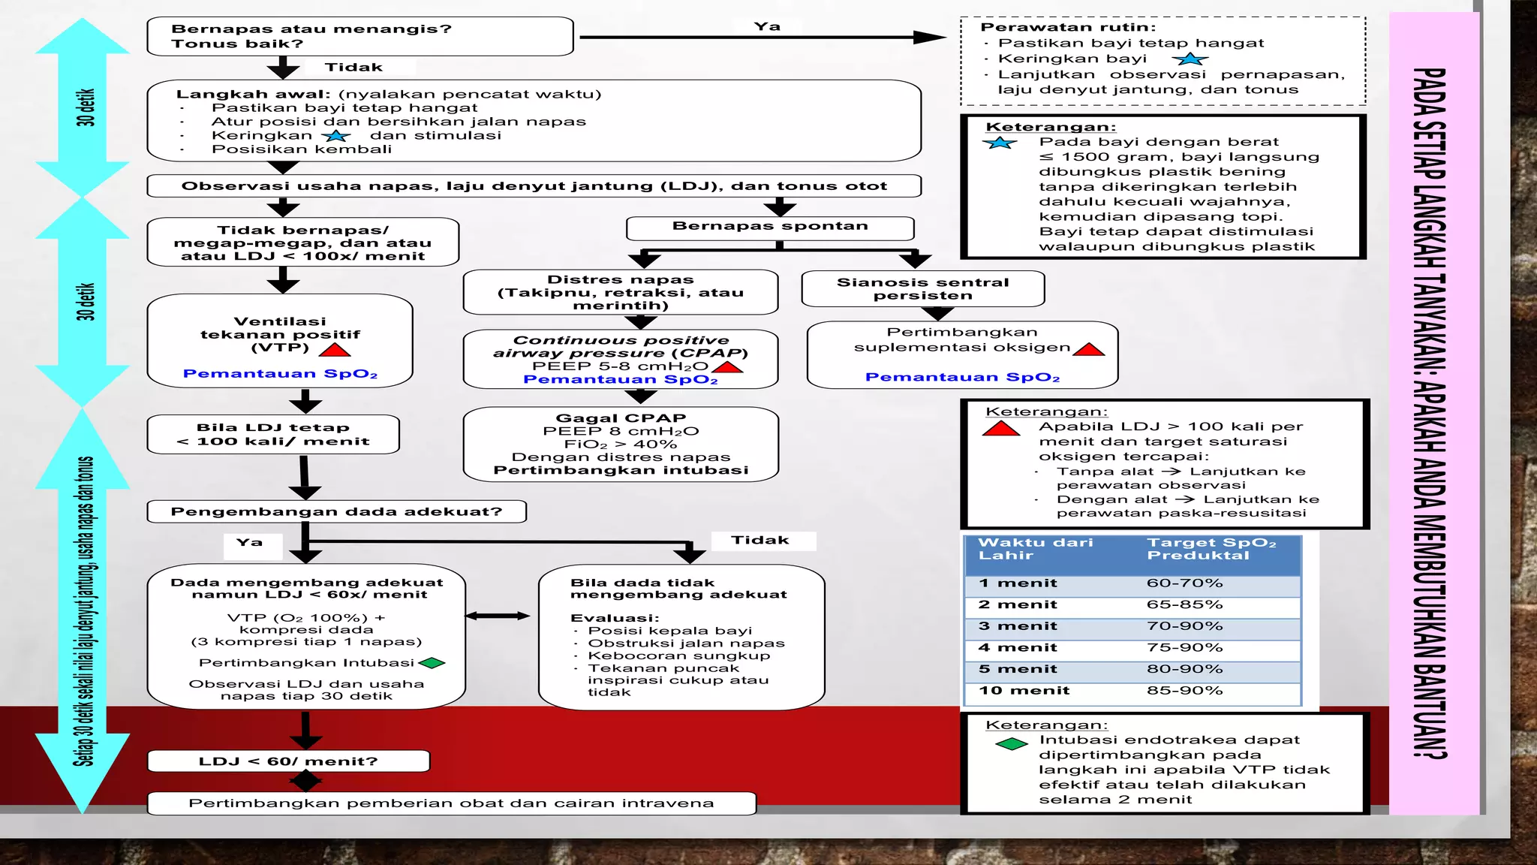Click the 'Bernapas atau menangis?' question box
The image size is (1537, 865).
[360, 36]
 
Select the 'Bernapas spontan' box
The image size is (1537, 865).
[770, 228]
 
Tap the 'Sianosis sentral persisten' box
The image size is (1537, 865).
[923, 289]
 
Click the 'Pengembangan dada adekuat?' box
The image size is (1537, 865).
[337, 512]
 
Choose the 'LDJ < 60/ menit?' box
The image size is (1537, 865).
[289, 761]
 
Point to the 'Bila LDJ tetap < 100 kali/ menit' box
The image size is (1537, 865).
[273, 435]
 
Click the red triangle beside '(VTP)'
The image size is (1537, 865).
[335, 350]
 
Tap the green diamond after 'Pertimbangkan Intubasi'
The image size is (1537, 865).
[432, 663]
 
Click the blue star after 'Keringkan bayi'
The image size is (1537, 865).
[1190, 59]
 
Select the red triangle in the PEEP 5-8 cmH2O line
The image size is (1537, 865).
[727, 367]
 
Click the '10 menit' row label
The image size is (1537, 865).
[1024, 691]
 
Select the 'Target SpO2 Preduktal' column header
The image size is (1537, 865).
[1211, 549]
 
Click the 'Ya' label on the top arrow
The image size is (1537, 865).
[768, 26]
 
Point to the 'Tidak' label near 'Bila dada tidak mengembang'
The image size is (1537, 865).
[760, 541]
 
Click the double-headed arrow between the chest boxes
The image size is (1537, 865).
[498, 616]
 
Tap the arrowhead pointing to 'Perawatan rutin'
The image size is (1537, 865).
[931, 37]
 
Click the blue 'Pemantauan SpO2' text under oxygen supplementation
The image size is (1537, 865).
[962, 378]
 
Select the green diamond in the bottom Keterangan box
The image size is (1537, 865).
[1012, 744]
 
